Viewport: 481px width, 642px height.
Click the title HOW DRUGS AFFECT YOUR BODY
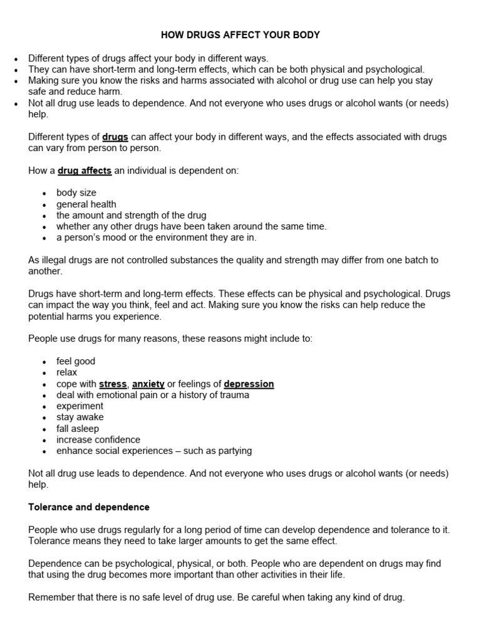(x=240, y=35)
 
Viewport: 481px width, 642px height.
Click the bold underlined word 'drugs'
(x=115, y=137)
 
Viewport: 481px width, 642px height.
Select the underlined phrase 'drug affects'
(x=85, y=171)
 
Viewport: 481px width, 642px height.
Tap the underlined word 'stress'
(x=113, y=384)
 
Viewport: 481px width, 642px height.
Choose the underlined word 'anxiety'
(x=148, y=384)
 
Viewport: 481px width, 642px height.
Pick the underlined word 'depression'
(x=249, y=384)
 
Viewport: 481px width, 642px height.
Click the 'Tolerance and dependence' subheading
(x=89, y=507)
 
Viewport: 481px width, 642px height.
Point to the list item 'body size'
(x=76, y=193)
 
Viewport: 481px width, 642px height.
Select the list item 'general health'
(x=86, y=204)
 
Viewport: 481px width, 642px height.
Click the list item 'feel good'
(x=76, y=361)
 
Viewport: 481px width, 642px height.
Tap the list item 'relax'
(x=67, y=372)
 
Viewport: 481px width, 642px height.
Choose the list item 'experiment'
(x=80, y=406)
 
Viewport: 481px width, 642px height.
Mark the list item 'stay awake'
(x=80, y=418)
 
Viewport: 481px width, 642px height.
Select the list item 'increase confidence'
(x=98, y=440)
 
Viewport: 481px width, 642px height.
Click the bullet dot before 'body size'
(x=44, y=194)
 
